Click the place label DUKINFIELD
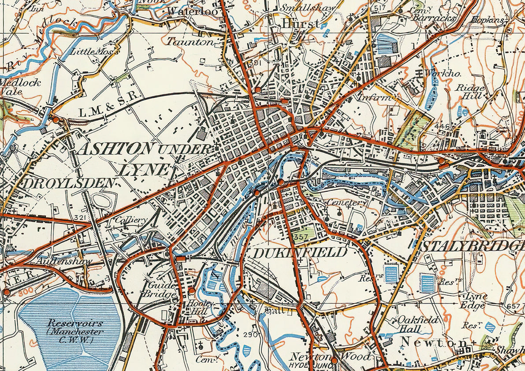pos(300,252)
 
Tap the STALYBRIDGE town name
pos(472,246)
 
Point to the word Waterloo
pos(193,11)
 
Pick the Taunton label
pos(190,42)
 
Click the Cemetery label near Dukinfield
pos(347,203)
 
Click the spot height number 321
pos(80,218)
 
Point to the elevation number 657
pos(514,306)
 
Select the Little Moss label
pos(93,52)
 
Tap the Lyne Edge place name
pos(473,300)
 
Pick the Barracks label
pos(434,18)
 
